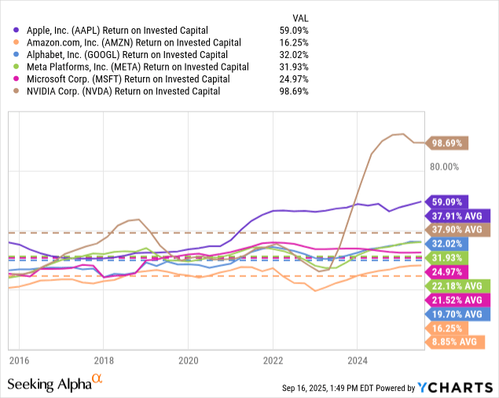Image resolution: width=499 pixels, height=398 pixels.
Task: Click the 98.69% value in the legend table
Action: [295, 90]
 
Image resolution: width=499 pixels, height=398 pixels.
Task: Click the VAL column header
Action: [299, 16]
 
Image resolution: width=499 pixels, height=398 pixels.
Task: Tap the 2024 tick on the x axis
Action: [357, 361]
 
